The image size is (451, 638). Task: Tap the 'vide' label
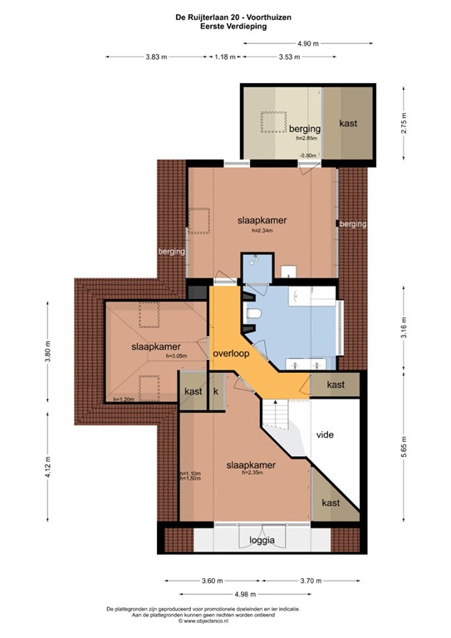point(325,434)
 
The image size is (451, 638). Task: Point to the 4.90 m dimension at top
point(309,43)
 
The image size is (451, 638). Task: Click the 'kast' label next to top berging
point(349,123)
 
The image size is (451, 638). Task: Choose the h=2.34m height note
point(263,231)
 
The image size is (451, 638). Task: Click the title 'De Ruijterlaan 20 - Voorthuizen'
point(226,16)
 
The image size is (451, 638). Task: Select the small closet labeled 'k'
point(215,391)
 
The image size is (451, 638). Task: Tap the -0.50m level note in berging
point(308,155)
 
